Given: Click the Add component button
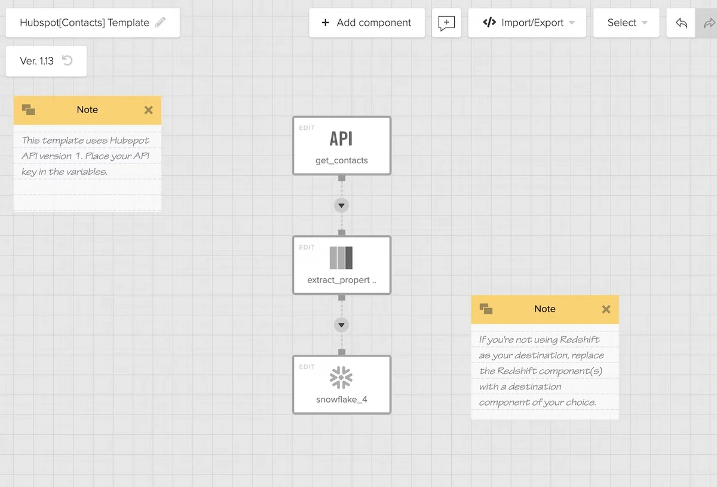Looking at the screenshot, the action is pyautogui.click(x=367, y=23).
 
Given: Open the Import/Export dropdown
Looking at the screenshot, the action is pyautogui.click(x=527, y=23).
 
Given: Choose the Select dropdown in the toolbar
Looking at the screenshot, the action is pyautogui.click(x=626, y=23).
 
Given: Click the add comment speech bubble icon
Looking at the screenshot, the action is pyautogui.click(x=446, y=23).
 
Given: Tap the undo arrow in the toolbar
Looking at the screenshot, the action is pyautogui.click(x=681, y=23).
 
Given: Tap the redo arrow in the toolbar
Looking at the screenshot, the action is pyautogui.click(x=709, y=23).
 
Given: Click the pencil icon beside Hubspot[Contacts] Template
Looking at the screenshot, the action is pyautogui.click(x=160, y=22).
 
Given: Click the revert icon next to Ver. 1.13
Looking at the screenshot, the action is pyautogui.click(x=67, y=60).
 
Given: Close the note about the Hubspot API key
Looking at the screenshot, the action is pyautogui.click(x=148, y=110).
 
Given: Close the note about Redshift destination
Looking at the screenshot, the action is pyautogui.click(x=606, y=309).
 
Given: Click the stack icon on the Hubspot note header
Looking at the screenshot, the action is pyautogui.click(x=29, y=109).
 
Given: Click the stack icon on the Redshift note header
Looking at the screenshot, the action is pyautogui.click(x=486, y=309).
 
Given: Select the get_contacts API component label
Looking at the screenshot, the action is pyautogui.click(x=342, y=160).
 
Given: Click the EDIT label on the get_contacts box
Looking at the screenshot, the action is pyautogui.click(x=307, y=128).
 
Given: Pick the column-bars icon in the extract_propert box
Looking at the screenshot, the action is pyautogui.click(x=341, y=258).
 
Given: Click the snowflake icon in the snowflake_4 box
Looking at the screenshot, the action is pyautogui.click(x=341, y=378).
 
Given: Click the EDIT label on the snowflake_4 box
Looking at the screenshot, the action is pyautogui.click(x=307, y=367).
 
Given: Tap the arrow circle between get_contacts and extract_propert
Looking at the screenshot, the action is pyautogui.click(x=342, y=205).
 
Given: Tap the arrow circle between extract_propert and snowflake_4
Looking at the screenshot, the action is pyautogui.click(x=342, y=325).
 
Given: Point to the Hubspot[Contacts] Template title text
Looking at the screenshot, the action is pyautogui.click(x=84, y=23).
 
